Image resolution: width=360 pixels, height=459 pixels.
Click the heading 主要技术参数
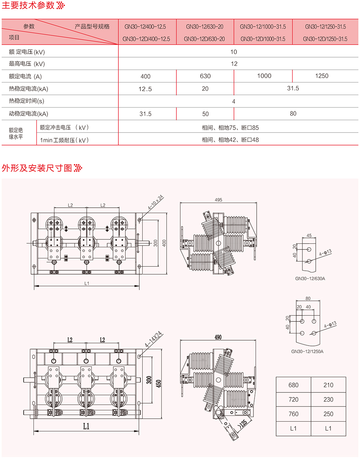coord(28,5)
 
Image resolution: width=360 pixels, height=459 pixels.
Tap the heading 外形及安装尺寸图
coord(37,168)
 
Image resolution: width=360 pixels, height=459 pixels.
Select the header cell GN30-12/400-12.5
coord(145,27)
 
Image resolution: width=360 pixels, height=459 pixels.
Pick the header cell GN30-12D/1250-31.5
coord(325,39)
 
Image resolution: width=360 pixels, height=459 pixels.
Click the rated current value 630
coord(205,76)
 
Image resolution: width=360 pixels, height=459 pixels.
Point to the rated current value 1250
coord(321,76)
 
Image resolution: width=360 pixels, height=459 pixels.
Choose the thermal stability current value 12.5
coord(145,89)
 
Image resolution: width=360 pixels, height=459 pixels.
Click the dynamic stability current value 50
coord(205,114)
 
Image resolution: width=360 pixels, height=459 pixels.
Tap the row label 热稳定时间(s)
coord(27,101)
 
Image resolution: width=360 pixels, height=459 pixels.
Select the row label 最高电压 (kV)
coord(27,64)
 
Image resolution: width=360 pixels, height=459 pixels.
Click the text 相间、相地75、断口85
coord(230,127)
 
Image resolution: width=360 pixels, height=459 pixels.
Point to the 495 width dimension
coord(219,200)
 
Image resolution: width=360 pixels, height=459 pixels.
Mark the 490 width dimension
coord(218,337)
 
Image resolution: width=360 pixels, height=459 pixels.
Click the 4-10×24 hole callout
coord(156,203)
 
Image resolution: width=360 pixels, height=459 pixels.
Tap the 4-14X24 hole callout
coord(154,339)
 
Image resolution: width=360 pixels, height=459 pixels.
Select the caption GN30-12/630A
coord(310,278)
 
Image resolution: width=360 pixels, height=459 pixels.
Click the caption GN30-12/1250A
coord(307,351)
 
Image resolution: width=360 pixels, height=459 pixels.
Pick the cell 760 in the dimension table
coord(293,414)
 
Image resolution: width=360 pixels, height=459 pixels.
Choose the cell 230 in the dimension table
coord(328,400)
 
